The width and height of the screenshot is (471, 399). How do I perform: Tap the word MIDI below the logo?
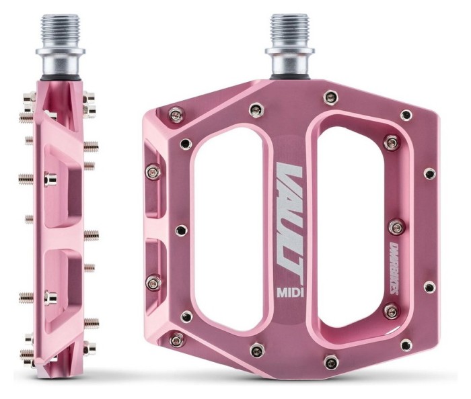click(289, 293)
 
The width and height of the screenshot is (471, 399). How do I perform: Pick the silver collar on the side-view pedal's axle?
click(57, 67)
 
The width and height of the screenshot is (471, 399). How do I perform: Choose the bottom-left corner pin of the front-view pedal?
click(177, 341)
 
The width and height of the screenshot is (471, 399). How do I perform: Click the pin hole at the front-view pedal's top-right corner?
click(406, 115)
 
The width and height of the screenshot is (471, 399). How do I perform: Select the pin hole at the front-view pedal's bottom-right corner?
click(406, 343)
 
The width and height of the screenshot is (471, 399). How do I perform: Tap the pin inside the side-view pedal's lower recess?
click(48, 294)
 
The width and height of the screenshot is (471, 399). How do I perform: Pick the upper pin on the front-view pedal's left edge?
click(154, 170)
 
